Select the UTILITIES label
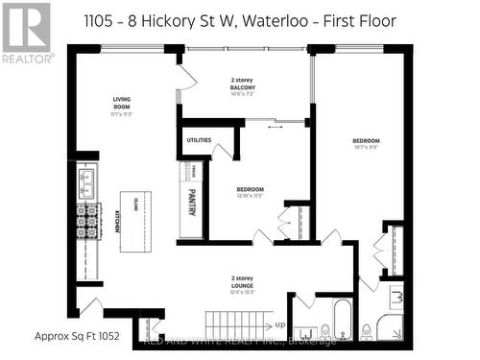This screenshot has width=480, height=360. pyautogui.click(x=199, y=141)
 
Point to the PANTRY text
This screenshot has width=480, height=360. pyautogui.click(x=189, y=204)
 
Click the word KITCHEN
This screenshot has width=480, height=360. pyautogui.click(x=117, y=221)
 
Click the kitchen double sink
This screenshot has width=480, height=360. pyautogui.click(x=88, y=180)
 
